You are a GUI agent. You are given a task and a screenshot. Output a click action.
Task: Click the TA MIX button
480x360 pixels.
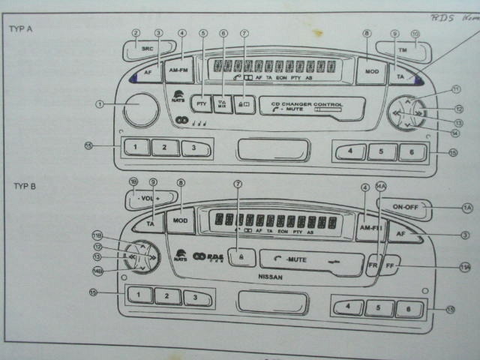[223, 104]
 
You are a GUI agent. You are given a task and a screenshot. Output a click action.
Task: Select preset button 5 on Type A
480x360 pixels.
[382, 152]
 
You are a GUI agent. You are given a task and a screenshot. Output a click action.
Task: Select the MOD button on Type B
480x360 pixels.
[181, 220]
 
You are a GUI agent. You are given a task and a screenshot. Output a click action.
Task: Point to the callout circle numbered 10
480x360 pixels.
[415, 34]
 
